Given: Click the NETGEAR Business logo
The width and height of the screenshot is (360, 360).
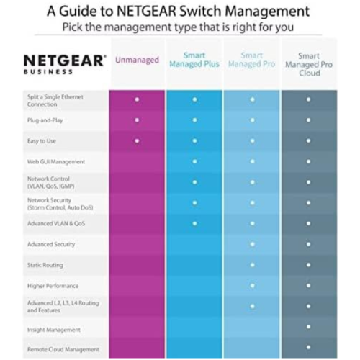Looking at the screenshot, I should pos(65,63).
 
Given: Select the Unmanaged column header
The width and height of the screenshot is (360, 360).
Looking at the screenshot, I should pos(137,60).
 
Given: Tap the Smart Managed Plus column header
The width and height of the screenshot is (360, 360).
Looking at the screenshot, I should pos(194,60).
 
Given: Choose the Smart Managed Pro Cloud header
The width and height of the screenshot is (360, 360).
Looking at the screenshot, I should pos(309,64).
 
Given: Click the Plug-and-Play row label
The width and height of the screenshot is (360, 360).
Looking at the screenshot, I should pos(45,120).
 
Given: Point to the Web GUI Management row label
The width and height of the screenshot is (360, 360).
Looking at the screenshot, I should pos(56,161).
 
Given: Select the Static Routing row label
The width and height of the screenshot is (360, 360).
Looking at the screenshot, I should pos(45,265).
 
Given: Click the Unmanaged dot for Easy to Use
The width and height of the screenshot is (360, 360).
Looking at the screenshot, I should pos(137,141).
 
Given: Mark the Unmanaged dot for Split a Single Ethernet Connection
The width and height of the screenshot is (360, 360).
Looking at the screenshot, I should pos(137,99).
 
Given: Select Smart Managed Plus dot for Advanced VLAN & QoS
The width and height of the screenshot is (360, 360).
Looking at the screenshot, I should pos(194,224).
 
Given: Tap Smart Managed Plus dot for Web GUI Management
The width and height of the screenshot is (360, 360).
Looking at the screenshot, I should pos(194,161).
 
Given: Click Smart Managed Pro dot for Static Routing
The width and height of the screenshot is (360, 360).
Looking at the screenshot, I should pos(252,265).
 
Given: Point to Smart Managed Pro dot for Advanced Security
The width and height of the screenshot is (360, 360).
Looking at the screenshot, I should pos(252,245).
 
